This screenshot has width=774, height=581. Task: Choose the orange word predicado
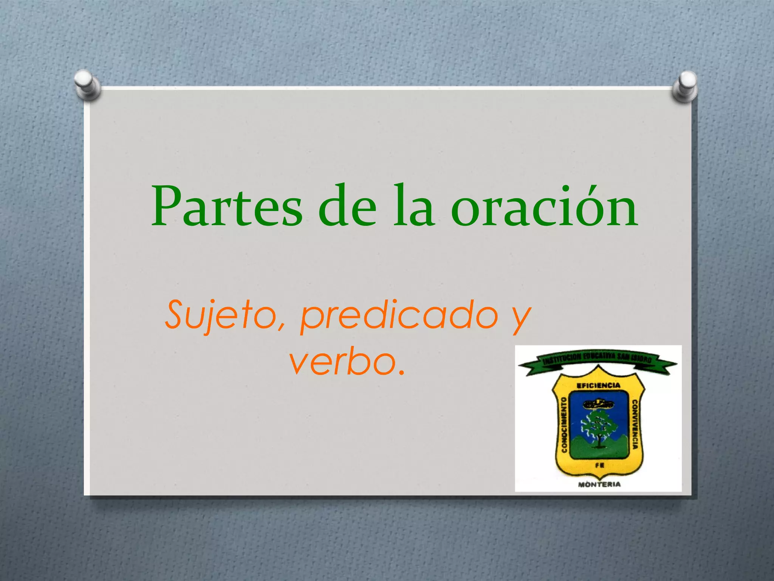pyautogui.click(x=399, y=316)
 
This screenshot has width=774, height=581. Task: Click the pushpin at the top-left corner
pyautogui.click(x=87, y=85)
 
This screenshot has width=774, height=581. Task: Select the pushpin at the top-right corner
pyautogui.click(x=685, y=86)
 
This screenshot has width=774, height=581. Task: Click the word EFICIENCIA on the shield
pyautogui.click(x=598, y=385)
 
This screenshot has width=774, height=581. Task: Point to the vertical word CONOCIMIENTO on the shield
pyautogui.click(x=564, y=425)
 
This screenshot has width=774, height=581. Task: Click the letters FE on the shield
pyautogui.click(x=599, y=465)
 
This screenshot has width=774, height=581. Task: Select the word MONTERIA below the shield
pyautogui.click(x=599, y=484)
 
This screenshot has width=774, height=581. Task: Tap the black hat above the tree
pyautogui.click(x=598, y=404)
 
